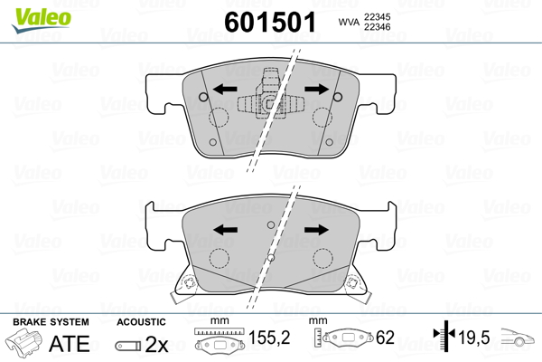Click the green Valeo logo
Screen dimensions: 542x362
tap(42, 21)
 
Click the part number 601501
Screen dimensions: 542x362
tap(270, 22)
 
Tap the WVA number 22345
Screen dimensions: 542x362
tap(377, 16)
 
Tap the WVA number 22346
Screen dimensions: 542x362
tap(377, 26)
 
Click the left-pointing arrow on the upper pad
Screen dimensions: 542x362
tap(225, 90)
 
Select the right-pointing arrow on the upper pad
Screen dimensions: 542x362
tap(317, 90)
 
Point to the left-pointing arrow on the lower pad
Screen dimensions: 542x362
tap(225, 230)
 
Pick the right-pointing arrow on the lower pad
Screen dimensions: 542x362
tap(316, 230)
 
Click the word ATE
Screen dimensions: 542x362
tap(70, 343)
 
